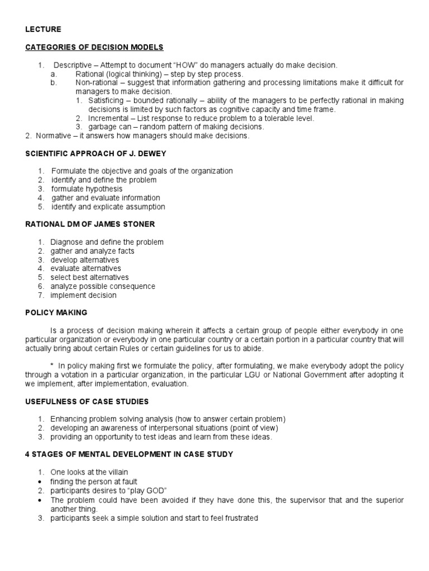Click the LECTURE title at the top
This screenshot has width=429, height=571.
tap(43, 29)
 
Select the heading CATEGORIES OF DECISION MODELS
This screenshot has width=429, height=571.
tap(94, 47)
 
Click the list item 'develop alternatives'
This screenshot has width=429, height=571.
tap(84, 260)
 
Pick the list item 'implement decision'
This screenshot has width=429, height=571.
tap(83, 296)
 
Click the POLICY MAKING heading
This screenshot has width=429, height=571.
tap(56, 313)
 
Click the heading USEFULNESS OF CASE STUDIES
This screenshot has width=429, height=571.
tap(87, 401)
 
